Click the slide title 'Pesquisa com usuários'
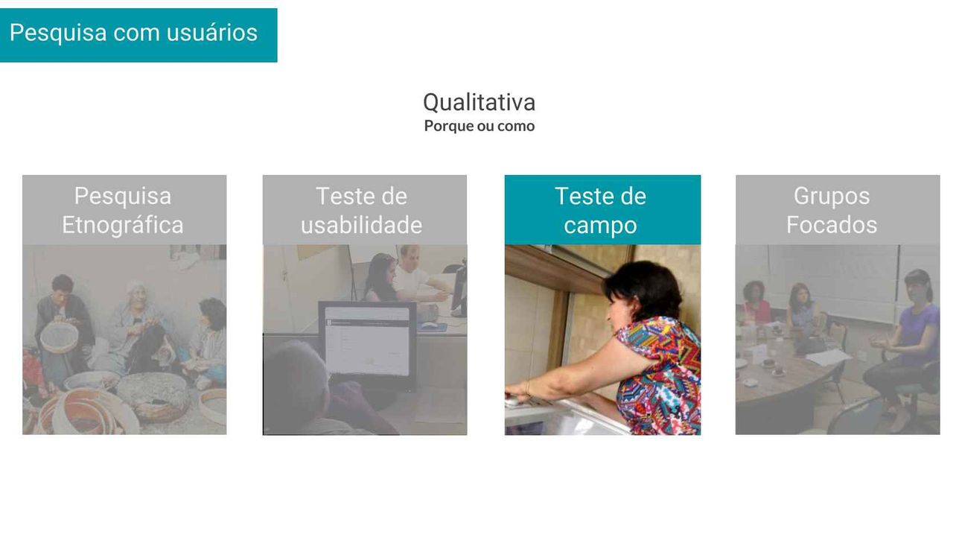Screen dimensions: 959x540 (133, 33)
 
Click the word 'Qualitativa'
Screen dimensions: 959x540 (479, 102)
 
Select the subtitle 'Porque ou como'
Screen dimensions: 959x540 (479, 126)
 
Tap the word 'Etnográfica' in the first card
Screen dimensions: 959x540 (123, 225)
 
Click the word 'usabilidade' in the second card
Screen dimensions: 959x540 (361, 225)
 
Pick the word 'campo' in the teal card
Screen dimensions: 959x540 (600, 226)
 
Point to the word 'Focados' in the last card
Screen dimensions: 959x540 (832, 225)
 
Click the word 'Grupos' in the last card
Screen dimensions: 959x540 (832, 197)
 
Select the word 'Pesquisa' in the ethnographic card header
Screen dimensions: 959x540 (123, 196)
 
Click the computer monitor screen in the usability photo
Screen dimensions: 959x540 (367, 341)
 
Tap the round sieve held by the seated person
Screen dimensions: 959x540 (59, 337)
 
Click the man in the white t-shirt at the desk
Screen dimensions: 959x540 (418, 279)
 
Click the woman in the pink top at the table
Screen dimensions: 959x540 (755, 302)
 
